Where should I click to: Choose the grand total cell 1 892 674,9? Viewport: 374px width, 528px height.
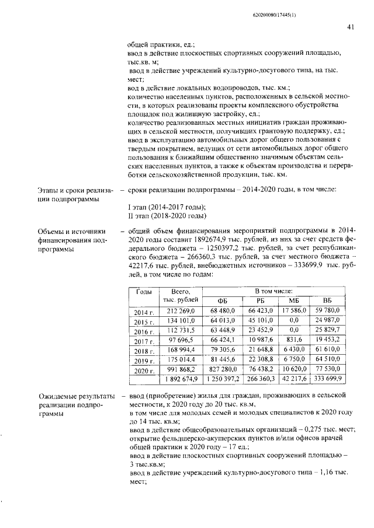pos(182,379)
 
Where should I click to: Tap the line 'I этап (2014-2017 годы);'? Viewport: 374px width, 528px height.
pos(166,207)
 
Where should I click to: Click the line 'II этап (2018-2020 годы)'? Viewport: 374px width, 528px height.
pos(167,216)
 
